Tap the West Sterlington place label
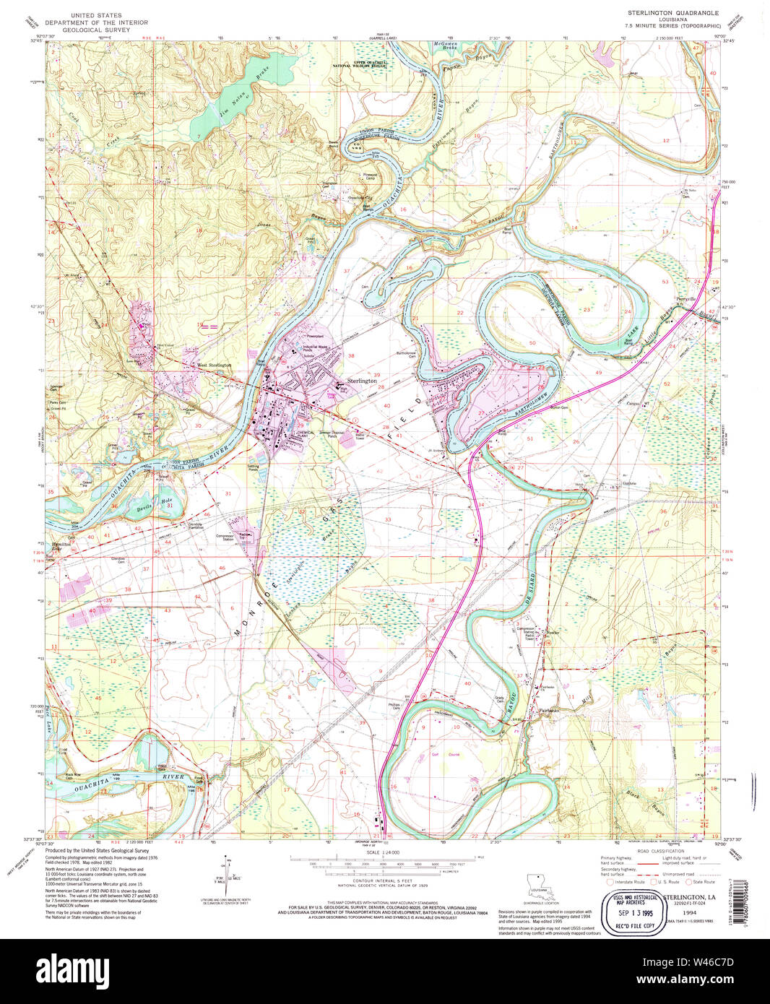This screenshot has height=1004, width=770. [215, 365]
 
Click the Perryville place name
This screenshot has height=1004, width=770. [685, 298]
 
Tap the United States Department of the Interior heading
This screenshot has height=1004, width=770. [96, 23]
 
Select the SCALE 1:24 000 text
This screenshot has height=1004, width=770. [382, 852]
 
